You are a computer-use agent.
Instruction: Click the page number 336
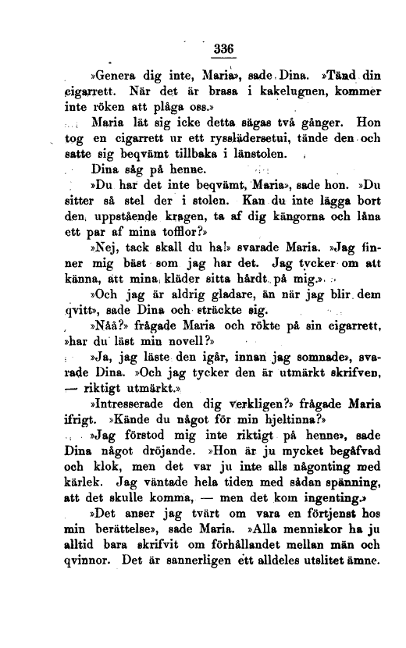point(224,48)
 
